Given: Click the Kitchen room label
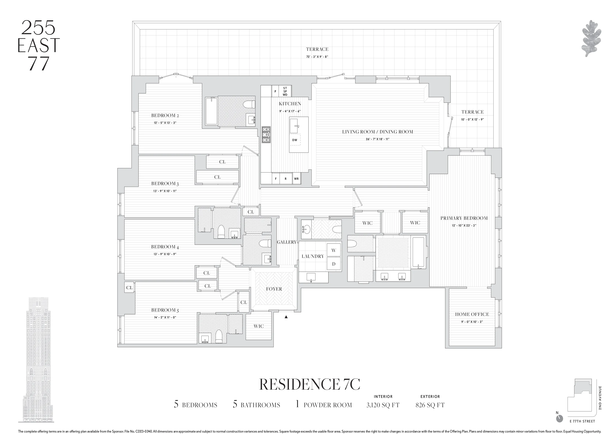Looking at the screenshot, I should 290,104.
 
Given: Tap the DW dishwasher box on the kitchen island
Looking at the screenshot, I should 295,140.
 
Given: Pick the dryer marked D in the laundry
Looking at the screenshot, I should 333,264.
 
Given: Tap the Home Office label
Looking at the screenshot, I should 472,314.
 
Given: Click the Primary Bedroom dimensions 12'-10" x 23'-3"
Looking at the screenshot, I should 464,225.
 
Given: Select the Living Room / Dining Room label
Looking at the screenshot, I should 377,132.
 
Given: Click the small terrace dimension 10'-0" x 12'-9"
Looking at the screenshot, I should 472,119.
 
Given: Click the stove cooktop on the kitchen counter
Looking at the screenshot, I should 266,135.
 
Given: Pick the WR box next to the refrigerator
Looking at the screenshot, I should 296,179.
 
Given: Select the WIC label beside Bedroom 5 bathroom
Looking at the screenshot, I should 258,326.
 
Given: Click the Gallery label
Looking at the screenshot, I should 286,242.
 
